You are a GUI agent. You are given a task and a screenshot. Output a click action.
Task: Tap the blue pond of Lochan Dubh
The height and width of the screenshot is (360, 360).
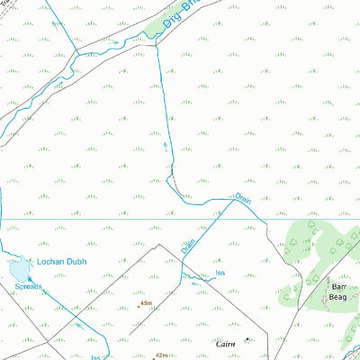(x=17, y=268)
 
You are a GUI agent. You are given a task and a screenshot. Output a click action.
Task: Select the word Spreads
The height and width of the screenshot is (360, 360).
(x=28, y=287)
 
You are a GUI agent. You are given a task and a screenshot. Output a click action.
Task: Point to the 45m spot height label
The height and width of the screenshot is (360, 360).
(x=148, y=305)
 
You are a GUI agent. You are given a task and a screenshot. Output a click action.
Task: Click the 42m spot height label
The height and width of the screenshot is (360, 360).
(x=161, y=331)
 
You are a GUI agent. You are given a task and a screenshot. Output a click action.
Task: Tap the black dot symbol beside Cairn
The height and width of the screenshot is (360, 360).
(x=247, y=339)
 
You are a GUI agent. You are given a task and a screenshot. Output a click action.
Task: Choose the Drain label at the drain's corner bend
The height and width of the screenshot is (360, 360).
(x=241, y=193)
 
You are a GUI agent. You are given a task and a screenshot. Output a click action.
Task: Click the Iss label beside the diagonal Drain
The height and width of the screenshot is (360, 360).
(x=220, y=273)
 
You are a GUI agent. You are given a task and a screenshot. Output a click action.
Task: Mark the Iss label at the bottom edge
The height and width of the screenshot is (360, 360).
(x=94, y=356)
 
